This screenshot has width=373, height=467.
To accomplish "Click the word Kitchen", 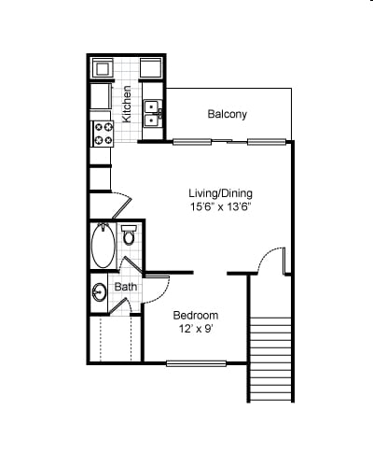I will [127, 99].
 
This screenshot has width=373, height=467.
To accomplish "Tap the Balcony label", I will [227, 115].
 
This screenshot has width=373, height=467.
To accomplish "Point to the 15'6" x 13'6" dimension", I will [214, 208].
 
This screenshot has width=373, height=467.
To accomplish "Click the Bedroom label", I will [196, 316].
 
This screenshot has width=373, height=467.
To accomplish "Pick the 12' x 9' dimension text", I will [197, 330].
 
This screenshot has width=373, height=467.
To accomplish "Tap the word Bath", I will [125, 287].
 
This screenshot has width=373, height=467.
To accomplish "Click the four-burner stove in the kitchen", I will [103, 133].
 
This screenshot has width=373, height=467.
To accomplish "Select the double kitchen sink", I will [154, 113].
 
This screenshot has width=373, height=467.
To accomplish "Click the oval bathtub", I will [103, 247].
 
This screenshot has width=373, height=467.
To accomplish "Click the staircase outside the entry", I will [271, 359].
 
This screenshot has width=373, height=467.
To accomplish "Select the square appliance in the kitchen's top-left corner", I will [104, 68].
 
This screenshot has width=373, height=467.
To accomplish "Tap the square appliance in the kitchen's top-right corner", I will [152, 68].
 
